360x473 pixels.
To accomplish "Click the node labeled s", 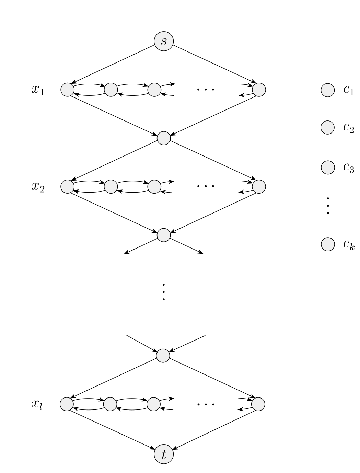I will coord(164,41).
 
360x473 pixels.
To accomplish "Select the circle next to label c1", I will coord(327,90).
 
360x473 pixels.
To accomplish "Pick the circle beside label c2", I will coord(327,127).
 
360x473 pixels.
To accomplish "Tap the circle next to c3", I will coord(327,168).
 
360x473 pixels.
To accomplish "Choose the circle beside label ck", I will coord(327,244).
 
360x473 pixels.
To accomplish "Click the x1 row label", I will coord(38,90).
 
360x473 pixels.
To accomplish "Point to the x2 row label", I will coord(38,187).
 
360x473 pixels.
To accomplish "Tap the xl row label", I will coord(37,404).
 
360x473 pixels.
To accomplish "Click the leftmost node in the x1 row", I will coord(68,90).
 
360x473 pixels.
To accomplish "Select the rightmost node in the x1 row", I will coord(259,90).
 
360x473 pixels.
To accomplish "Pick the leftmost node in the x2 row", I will coord(68,186).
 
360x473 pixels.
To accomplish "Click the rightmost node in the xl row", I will coord(258,404).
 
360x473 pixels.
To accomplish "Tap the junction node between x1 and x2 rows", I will coord(164,138).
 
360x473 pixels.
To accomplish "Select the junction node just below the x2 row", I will coord(164,235).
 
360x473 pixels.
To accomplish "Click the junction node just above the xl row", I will coord(163,356).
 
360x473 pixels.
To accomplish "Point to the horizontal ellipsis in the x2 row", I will coord(206,186).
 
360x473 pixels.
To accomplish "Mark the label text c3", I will coord(349,168).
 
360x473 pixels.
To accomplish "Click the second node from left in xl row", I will coord(110,404).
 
